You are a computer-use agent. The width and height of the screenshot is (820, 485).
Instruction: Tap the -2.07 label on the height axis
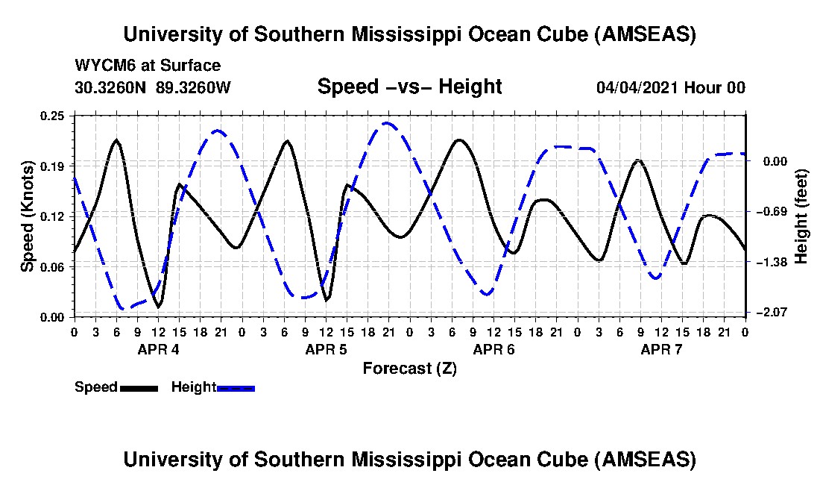(x=768, y=312)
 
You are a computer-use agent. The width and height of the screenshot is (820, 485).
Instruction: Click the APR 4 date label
(x=158, y=349)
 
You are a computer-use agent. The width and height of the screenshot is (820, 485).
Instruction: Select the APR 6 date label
(x=494, y=349)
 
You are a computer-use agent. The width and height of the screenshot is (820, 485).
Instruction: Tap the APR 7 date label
(x=662, y=349)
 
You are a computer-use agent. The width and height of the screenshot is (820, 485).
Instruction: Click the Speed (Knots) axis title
(x=28, y=216)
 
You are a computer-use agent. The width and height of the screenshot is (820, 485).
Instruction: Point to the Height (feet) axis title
(x=801, y=216)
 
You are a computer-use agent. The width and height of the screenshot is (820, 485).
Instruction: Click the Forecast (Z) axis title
(x=409, y=369)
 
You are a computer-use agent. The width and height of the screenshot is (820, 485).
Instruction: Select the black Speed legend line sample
(x=138, y=388)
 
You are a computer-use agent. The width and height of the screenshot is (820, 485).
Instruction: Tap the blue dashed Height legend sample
(x=236, y=388)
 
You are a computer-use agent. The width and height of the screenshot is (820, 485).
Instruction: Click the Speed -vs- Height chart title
(x=409, y=87)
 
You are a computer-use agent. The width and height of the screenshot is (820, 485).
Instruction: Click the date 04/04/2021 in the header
(x=637, y=88)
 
